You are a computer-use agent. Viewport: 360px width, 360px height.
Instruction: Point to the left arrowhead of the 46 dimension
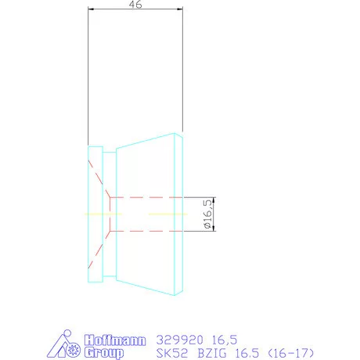pyautogui.click(x=91, y=11)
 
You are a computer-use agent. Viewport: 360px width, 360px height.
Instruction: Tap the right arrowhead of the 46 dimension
pyautogui.click(x=180, y=11)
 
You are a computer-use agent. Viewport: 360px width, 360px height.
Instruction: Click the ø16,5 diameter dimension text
pyautogui.click(x=208, y=214)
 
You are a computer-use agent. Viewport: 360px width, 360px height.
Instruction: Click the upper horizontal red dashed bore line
pyautogui.click(x=149, y=196)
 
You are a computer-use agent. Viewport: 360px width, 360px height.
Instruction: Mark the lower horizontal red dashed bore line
pyautogui.click(x=149, y=232)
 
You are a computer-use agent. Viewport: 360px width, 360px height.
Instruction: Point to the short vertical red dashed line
pyautogui.click(x=112, y=214)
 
